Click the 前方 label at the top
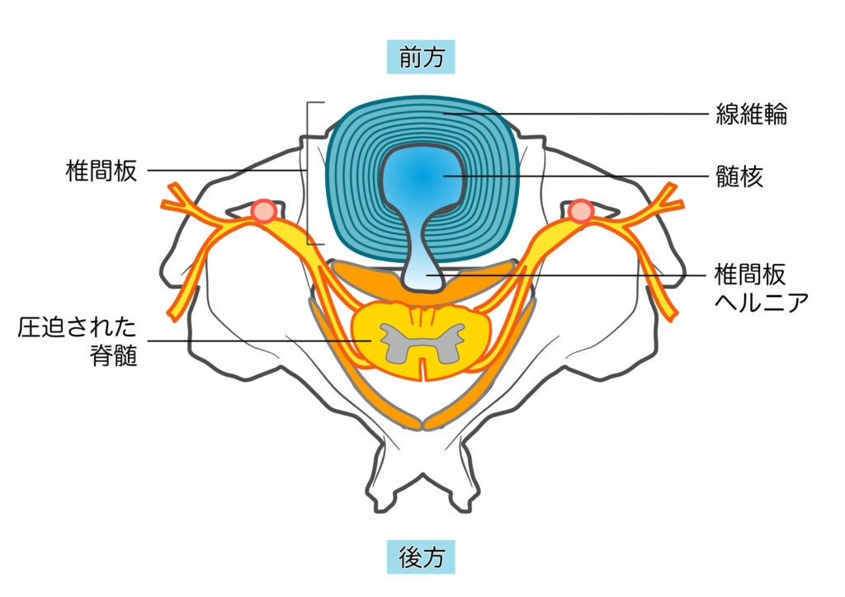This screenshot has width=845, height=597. (x=421, y=58)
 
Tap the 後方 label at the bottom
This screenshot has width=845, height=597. (x=421, y=558)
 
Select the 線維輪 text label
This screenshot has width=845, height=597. (x=751, y=114)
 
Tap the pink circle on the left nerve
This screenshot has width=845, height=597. (x=264, y=211)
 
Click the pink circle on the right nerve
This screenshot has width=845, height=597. (x=581, y=211)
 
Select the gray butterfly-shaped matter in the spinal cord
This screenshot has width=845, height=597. (x=422, y=341)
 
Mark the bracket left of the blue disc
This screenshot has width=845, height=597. (x=309, y=173)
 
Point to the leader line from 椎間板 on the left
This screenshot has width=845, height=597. (x=223, y=172)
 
